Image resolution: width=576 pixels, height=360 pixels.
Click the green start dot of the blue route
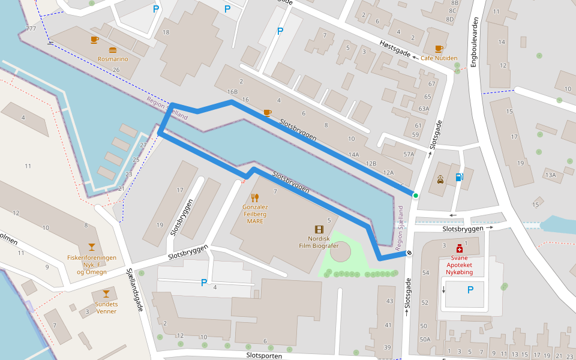(x=415, y=195)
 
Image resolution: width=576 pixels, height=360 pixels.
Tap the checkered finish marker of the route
(x=409, y=253)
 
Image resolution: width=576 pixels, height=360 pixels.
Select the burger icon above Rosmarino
(x=113, y=50)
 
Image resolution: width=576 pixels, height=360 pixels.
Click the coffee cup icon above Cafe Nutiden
(x=439, y=49)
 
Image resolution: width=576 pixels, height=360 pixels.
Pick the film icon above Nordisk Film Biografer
(x=319, y=229)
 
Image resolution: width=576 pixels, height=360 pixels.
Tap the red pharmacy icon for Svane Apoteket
(x=459, y=248)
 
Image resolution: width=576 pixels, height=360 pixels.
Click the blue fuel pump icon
(x=459, y=177)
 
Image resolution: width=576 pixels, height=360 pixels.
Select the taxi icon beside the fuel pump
(x=440, y=179)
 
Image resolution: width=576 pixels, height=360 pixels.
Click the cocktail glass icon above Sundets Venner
(x=106, y=293)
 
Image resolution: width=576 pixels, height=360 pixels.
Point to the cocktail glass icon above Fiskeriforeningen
(x=91, y=247)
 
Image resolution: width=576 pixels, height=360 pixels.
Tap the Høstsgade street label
(x=395, y=49)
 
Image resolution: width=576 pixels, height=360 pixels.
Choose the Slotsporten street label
(x=264, y=355)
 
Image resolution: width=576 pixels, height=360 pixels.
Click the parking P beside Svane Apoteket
(x=470, y=290)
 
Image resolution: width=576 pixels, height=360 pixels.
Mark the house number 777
(x=31, y=29)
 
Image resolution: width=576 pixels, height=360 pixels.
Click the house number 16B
(x=232, y=92)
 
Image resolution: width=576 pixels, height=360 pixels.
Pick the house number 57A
(x=409, y=154)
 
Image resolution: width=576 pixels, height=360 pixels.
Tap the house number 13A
(x=550, y=175)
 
